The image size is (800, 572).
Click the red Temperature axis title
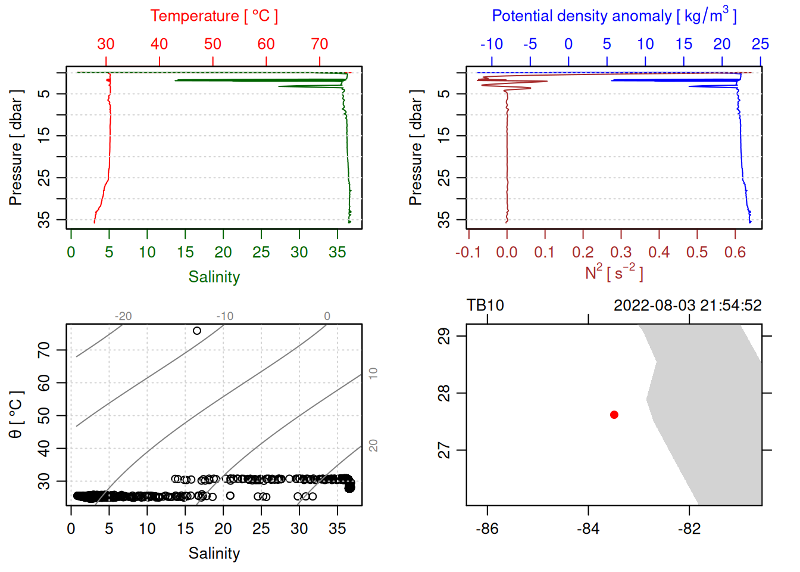pos(214,16)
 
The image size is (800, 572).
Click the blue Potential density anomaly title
pos(614,16)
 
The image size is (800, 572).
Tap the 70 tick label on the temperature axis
pos(320,44)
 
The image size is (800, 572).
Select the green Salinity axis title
pos(214,277)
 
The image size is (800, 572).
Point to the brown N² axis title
pos(614,272)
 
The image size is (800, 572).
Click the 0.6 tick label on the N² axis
pos(735,253)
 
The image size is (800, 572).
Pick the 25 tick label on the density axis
pos(760,44)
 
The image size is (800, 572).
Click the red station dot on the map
pos(614,415)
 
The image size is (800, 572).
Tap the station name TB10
pos(485,306)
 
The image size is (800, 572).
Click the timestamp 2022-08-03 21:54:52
pos(687,306)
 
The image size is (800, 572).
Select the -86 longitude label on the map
pos(487,529)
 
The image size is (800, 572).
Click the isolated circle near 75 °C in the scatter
pos(197,331)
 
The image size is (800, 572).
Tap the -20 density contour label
pos(123,316)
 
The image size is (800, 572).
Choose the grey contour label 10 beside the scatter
pos(373,374)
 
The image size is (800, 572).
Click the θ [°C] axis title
pos(16,415)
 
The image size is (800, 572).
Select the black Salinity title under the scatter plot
pos(214,554)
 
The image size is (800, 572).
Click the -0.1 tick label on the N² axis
pos(468,253)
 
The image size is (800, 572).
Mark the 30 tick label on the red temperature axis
pos(106,44)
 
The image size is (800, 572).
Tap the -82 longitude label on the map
pos(689,529)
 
